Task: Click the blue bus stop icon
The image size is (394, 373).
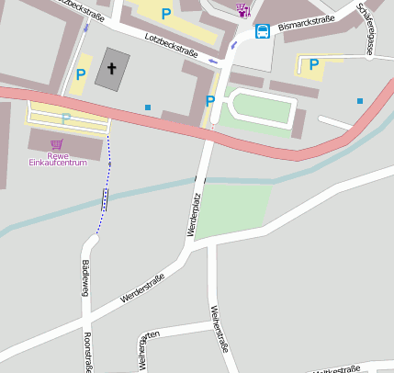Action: pos(263,31)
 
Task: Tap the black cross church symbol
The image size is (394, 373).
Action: pos(112,68)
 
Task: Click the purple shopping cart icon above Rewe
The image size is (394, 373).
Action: pos(57,144)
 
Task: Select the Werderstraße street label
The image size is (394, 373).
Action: pos(141,289)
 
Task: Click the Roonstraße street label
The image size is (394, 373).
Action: pos(87,353)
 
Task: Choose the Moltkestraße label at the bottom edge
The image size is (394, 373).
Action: pos(335,369)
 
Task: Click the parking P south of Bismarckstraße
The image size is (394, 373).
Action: pos(314,64)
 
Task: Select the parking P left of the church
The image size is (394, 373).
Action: pos(81,74)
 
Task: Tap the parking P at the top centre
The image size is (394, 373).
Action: pos(166,14)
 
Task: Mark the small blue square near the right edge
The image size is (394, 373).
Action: pos(360,100)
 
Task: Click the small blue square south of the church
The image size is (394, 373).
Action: pos(148,107)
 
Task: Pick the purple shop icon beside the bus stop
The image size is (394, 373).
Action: pos(242,10)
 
